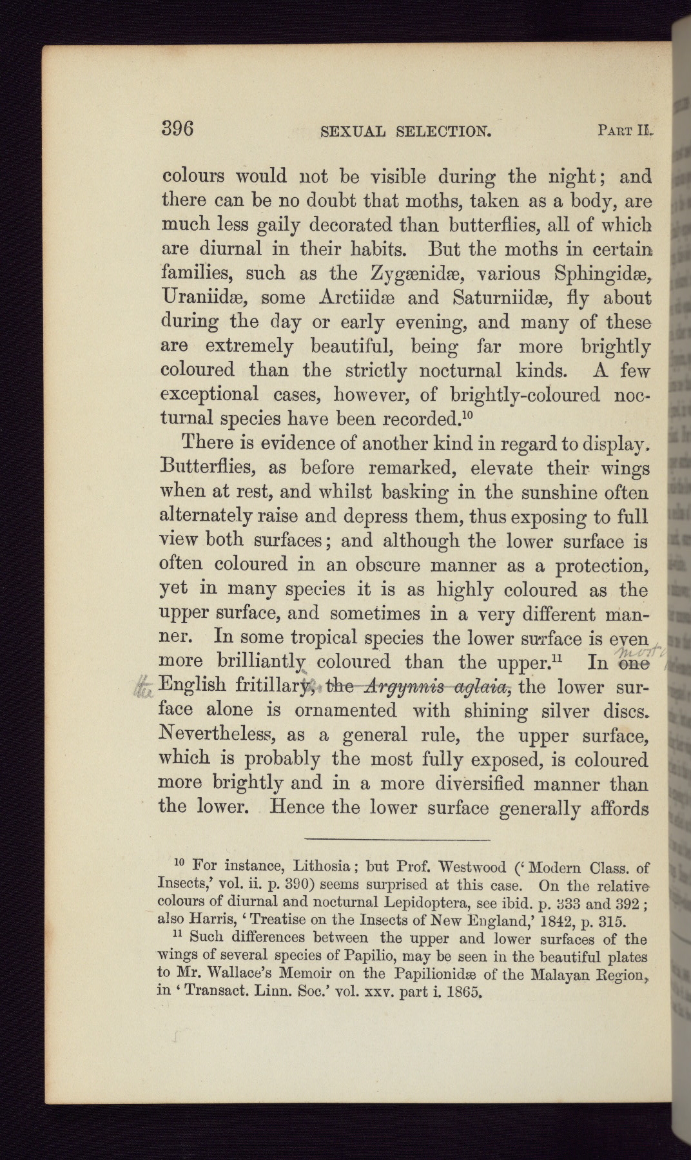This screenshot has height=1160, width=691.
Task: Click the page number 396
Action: [x=177, y=128]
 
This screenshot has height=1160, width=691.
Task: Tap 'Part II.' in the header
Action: [x=625, y=132]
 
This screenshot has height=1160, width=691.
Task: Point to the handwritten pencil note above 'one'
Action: [x=638, y=646]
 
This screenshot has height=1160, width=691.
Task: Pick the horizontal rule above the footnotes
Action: [x=398, y=839]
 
